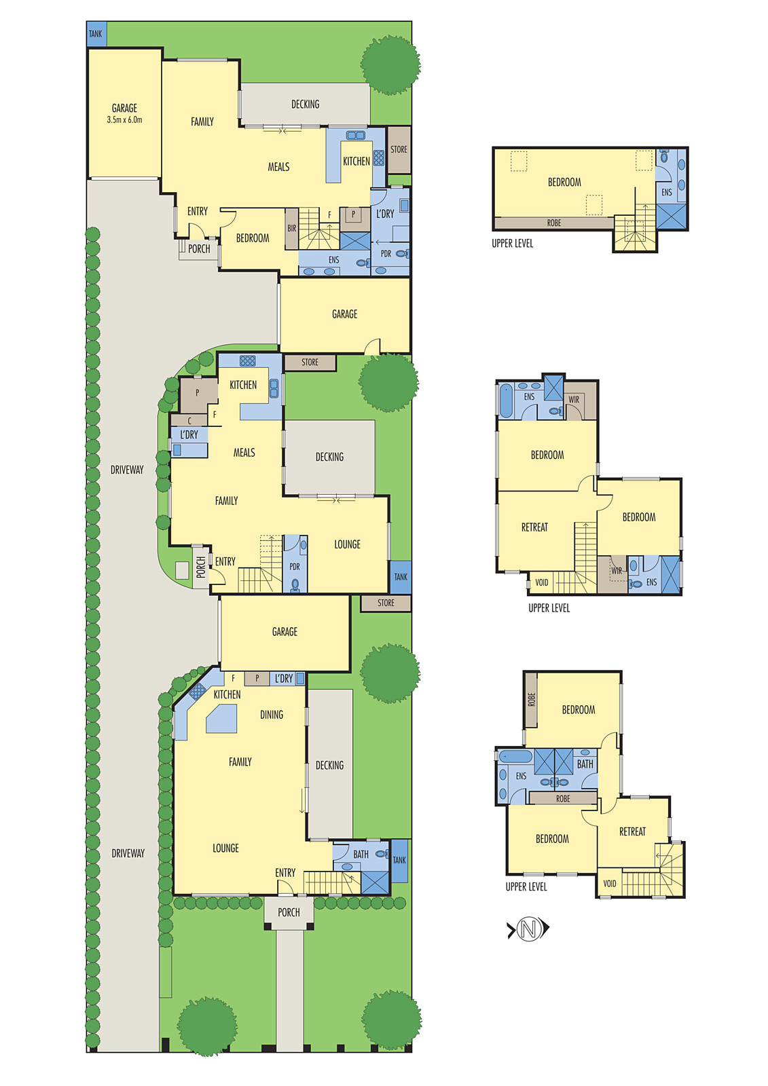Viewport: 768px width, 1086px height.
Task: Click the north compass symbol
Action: pyautogui.click(x=528, y=929)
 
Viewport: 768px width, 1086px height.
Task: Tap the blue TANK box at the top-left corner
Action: pyautogui.click(x=96, y=34)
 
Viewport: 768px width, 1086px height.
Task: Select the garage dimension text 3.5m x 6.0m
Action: pyautogui.click(x=124, y=120)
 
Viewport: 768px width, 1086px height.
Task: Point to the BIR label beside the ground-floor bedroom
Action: pyautogui.click(x=291, y=229)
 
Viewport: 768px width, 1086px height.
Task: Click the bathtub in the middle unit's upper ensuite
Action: pyautogui.click(x=506, y=401)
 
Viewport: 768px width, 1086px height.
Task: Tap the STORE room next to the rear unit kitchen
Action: pyautogui.click(x=399, y=149)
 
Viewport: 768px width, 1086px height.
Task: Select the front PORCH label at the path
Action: pyautogui.click(x=289, y=912)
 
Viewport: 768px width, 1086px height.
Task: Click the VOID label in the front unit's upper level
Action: pyautogui.click(x=610, y=883)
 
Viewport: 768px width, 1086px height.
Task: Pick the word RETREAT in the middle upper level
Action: pyautogui.click(x=534, y=527)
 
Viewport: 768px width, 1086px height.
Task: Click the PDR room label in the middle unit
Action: pyautogui.click(x=295, y=567)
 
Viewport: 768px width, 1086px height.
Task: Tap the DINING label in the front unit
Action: pyautogui.click(x=272, y=715)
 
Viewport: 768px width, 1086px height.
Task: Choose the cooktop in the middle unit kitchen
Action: pyautogui.click(x=248, y=361)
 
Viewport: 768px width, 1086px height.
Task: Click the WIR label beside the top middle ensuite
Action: pyautogui.click(x=574, y=400)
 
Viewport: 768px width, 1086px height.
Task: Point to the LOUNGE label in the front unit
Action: pyautogui.click(x=225, y=848)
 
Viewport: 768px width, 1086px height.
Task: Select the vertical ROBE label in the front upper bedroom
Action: pyautogui.click(x=532, y=699)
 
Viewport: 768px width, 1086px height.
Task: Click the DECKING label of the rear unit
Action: pyautogui.click(x=305, y=105)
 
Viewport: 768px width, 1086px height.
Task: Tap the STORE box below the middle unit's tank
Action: pyautogui.click(x=386, y=603)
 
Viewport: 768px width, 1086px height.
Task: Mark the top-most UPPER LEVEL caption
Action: pyautogui.click(x=512, y=244)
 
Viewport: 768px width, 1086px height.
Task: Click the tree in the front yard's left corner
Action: pyautogui.click(x=206, y=1025)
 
